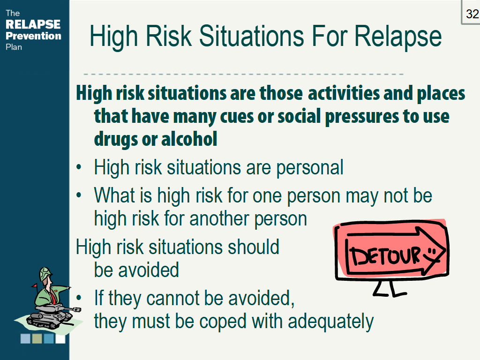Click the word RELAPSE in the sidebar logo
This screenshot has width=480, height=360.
click(x=33, y=24)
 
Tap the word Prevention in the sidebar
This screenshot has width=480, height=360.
click(x=33, y=36)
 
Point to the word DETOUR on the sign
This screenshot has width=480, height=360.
click(x=386, y=255)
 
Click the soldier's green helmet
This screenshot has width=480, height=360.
click(x=45, y=273)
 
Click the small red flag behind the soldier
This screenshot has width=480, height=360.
click(x=34, y=286)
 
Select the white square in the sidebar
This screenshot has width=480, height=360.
click(x=60, y=339)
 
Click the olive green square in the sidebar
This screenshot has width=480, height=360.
click(x=37, y=339)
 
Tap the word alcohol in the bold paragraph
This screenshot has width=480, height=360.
click(x=189, y=139)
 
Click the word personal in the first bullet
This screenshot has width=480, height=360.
click(x=310, y=168)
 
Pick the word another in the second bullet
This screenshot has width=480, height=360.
click(x=220, y=218)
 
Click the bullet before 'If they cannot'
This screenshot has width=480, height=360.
click(x=79, y=298)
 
